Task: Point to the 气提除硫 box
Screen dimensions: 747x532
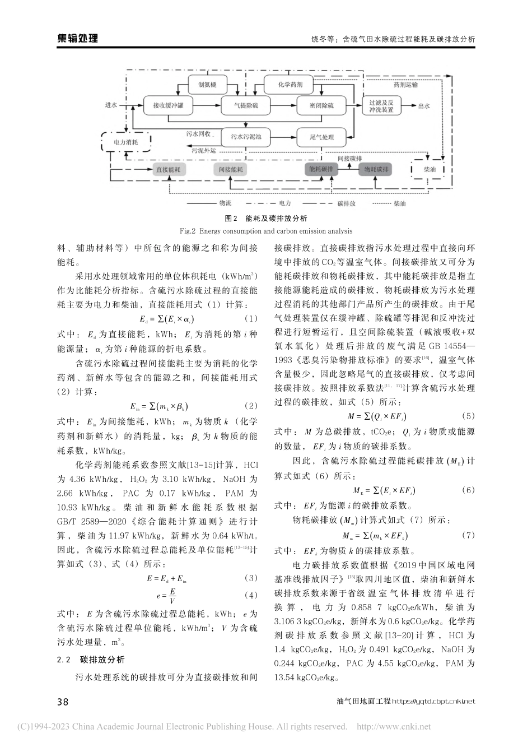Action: (247, 105)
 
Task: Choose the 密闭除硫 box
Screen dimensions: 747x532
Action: (321, 105)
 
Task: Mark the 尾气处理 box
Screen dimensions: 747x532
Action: (321, 137)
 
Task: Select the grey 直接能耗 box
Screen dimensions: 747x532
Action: (169, 169)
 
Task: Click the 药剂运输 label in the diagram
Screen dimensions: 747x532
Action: (405, 85)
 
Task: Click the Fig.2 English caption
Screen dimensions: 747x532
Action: (266, 231)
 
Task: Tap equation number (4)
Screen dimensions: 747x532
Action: (251, 595)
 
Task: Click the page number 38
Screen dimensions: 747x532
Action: (63, 702)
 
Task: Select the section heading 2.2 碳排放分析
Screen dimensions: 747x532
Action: (91, 660)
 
